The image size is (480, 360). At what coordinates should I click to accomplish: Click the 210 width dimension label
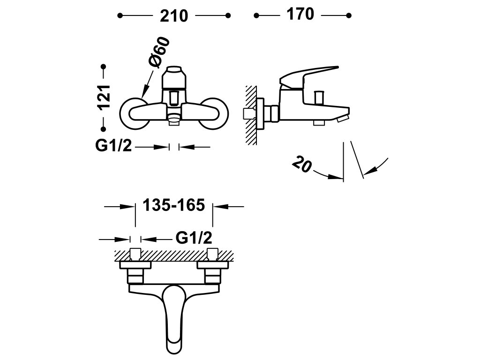pyautogui.click(x=174, y=16)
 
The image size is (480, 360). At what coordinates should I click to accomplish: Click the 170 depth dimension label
pyautogui.click(x=300, y=15)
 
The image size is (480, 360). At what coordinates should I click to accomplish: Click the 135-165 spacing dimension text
pyautogui.click(x=174, y=205)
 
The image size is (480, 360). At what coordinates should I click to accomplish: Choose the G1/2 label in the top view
pyautogui.click(x=195, y=239)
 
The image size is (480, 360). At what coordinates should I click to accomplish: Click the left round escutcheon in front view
pyautogui.click(x=135, y=112)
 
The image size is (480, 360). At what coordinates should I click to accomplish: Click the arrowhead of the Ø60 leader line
pyautogui.click(x=143, y=96)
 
